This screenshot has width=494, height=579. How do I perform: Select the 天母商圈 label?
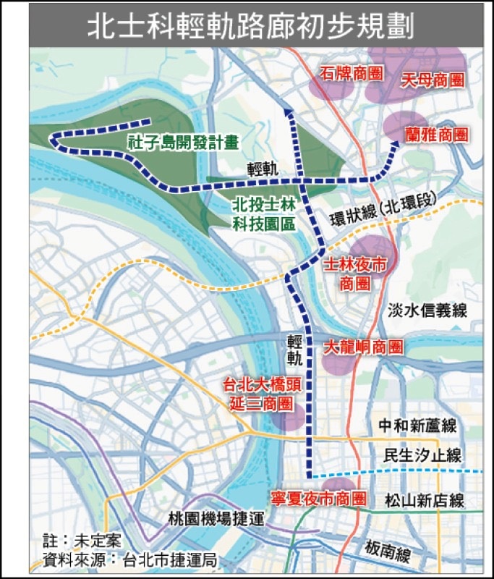432,80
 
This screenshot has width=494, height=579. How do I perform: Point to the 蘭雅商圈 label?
436,135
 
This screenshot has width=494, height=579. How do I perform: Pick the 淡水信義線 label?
426,310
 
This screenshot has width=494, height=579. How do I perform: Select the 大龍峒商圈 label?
362,347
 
